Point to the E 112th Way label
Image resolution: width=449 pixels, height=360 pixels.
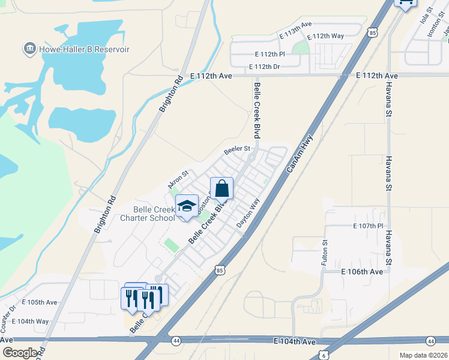click(x=325, y=37)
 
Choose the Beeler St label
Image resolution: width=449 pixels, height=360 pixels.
click(x=237, y=149)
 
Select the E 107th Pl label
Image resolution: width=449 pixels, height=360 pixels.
click(x=368, y=226)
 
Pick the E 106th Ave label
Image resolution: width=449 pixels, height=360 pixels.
click(x=362, y=272)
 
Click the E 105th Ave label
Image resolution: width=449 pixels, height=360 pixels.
click(x=40, y=302)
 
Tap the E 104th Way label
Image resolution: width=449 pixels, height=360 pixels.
click(x=30, y=322)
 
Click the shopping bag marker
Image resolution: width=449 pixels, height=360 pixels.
click(x=221, y=188)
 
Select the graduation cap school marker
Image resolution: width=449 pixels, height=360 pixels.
click(x=187, y=206)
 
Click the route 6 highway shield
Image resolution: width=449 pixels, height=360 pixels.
click(x=324, y=354)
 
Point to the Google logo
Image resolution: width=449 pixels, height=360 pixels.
click(x=20, y=353)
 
